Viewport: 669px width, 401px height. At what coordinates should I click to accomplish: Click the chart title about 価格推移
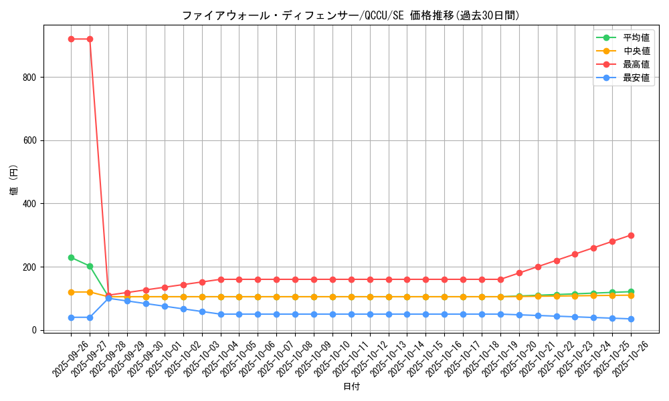click(x=351, y=15)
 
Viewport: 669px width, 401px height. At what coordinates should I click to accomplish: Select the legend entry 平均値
click(x=636, y=37)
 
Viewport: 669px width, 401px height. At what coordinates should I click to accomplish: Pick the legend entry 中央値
click(x=636, y=51)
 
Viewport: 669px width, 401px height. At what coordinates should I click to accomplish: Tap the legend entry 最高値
click(x=636, y=64)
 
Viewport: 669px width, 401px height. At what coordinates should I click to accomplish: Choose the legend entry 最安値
click(x=636, y=78)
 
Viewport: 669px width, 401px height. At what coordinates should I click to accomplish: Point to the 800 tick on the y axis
click(x=29, y=77)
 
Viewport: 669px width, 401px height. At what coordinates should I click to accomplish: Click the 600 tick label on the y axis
click(x=29, y=140)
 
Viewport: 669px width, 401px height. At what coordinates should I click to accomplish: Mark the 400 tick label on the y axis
click(x=29, y=203)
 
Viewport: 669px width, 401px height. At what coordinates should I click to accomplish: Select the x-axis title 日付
click(x=351, y=387)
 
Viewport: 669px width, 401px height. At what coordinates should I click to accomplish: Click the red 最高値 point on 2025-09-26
click(x=71, y=39)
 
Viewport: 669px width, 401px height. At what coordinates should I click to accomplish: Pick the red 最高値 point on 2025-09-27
click(x=90, y=39)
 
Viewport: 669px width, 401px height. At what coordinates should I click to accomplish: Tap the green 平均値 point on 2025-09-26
click(x=71, y=257)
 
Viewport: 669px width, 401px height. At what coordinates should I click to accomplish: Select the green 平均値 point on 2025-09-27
click(x=90, y=266)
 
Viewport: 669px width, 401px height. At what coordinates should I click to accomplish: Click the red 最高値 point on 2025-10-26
click(x=631, y=235)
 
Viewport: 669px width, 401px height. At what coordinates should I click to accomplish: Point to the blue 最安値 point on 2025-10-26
click(x=631, y=319)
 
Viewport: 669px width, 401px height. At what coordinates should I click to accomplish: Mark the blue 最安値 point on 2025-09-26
click(x=71, y=317)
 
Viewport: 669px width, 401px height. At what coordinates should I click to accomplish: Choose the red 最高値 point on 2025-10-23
click(x=575, y=254)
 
